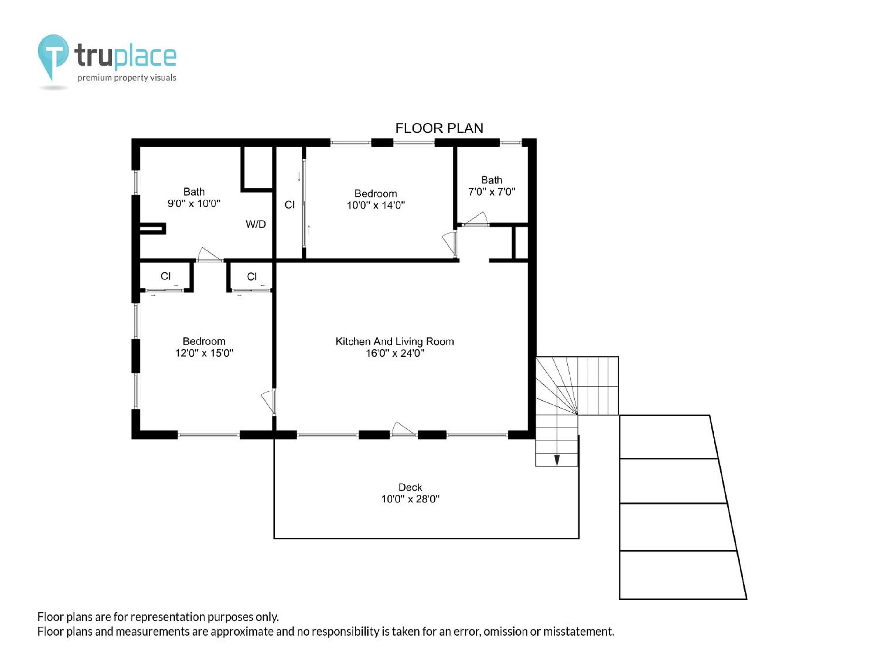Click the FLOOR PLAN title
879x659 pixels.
click(439, 128)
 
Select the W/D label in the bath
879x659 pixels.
click(255, 225)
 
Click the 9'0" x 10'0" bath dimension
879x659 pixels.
click(194, 203)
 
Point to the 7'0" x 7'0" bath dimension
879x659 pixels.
click(492, 192)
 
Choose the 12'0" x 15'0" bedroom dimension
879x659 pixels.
click(204, 353)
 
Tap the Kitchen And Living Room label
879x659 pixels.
click(395, 342)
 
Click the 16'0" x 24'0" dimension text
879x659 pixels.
click(395, 353)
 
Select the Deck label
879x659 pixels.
click(410, 488)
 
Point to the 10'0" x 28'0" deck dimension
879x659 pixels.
click(411, 499)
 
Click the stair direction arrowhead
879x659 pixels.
click(557, 460)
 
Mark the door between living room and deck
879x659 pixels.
click(404, 429)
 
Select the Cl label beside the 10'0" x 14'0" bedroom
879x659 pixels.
click(289, 205)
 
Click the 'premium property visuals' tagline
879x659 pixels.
click(127, 78)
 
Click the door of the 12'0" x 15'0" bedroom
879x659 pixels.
click(268, 402)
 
